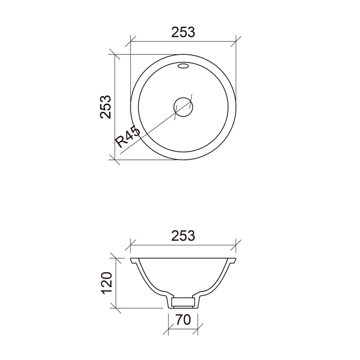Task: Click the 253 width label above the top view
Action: [x=183, y=32]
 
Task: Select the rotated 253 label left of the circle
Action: [x=105, y=107]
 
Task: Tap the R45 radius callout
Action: [x=128, y=136]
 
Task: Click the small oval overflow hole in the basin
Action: [x=183, y=66]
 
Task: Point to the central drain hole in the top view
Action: [x=183, y=106]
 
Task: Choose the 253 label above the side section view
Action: [x=183, y=235]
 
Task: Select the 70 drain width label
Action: [x=183, y=320]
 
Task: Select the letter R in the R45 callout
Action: [x=122, y=141]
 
